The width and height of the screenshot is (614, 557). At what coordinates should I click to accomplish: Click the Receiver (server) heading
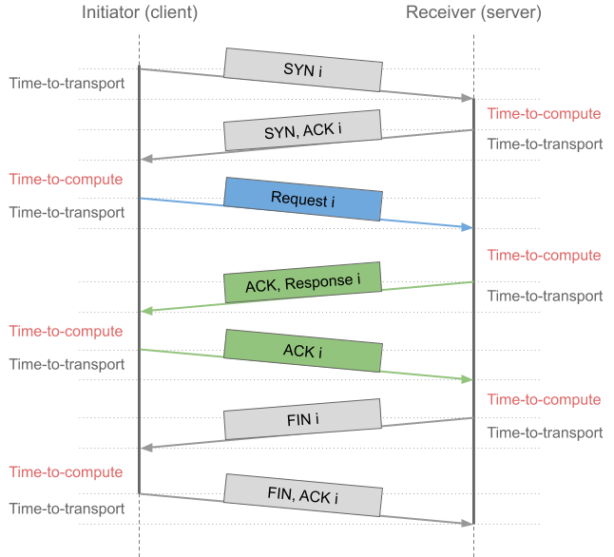pos(472,13)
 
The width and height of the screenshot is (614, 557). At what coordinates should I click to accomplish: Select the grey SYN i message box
pos(303,69)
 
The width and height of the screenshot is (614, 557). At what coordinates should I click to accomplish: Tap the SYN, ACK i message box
pos(303,130)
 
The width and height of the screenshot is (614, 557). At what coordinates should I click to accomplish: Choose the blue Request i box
pos(303,199)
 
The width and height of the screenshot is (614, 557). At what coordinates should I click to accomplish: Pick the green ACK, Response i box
pos(303,283)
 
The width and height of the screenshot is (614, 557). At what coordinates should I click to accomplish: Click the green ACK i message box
pos(303,351)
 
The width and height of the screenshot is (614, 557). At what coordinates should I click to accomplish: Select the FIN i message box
pos(303,418)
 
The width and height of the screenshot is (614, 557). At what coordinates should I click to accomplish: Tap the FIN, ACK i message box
pos(303,495)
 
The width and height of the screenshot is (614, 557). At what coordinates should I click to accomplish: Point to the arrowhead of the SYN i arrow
pos(469,99)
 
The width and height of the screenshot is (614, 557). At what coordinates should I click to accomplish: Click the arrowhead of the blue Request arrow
pos(469,228)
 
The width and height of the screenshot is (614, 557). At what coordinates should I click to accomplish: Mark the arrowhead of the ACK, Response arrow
pos(144,311)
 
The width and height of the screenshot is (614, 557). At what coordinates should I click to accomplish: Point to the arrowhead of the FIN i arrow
pos(144,447)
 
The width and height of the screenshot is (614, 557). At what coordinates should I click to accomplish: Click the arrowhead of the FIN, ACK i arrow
pos(469,523)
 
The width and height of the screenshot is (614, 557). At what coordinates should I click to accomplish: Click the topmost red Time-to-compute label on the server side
pos(544,114)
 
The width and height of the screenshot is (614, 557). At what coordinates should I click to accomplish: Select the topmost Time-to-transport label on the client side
pos(67,83)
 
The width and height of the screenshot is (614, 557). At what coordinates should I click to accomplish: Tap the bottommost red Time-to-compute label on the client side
pos(66,471)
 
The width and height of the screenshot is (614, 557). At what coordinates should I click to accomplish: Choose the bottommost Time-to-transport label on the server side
pos(545,432)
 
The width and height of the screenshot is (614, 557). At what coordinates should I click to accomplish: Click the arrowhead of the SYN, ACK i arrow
pos(144,160)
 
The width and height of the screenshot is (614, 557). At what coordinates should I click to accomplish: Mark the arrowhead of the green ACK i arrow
pos(469,379)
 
